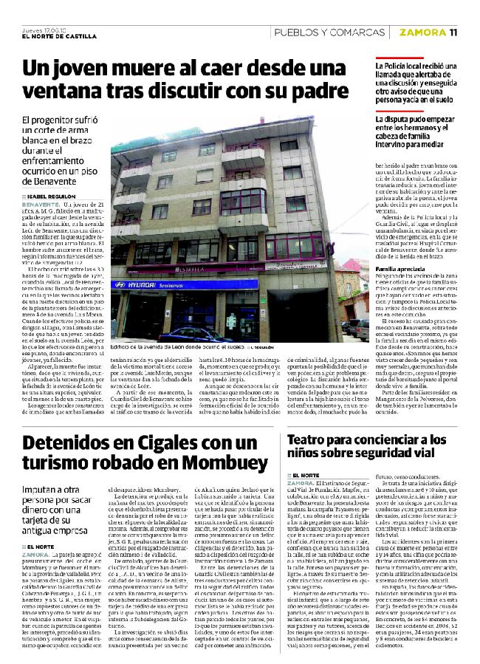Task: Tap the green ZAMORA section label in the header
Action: pyautogui.click(x=422, y=32)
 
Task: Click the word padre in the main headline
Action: pyautogui.click(x=314, y=92)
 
